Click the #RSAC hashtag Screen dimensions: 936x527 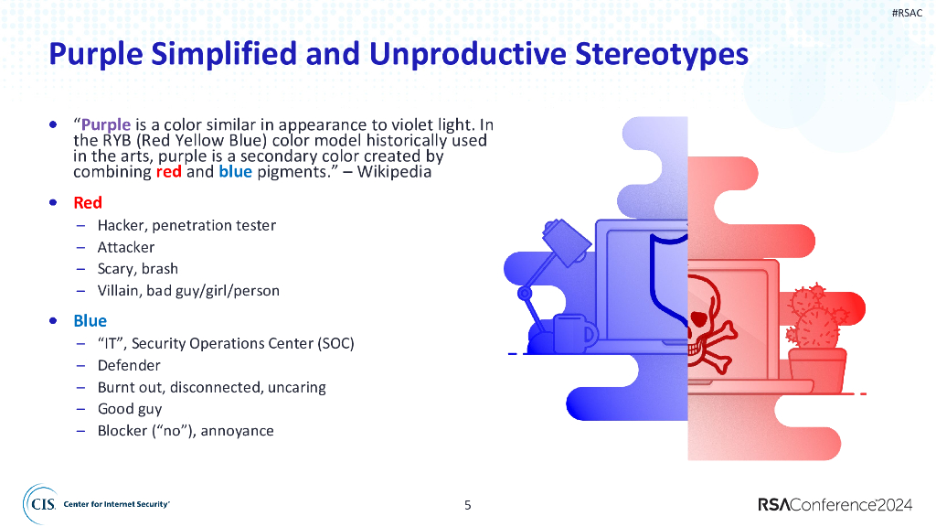point(907,13)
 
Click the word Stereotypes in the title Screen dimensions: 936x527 point(662,54)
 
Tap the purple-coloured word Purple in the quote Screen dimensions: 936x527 point(106,124)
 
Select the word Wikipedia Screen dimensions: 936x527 point(394,171)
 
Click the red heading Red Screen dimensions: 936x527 point(88,202)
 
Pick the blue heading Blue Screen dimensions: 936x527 point(90,321)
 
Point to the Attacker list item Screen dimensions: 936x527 point(126,247)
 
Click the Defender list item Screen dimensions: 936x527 point(129,365)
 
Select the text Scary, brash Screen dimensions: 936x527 point(138,269)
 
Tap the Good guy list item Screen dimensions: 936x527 point(130,409)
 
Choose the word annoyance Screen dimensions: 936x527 point(237,431)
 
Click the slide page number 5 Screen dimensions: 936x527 point(468,505)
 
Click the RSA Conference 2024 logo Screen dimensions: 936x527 point(835,505)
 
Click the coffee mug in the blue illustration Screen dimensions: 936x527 point(574,334)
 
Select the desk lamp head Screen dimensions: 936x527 point(567,241)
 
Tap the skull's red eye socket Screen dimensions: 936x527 point(699,317)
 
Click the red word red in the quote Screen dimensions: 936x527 point(169,171)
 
